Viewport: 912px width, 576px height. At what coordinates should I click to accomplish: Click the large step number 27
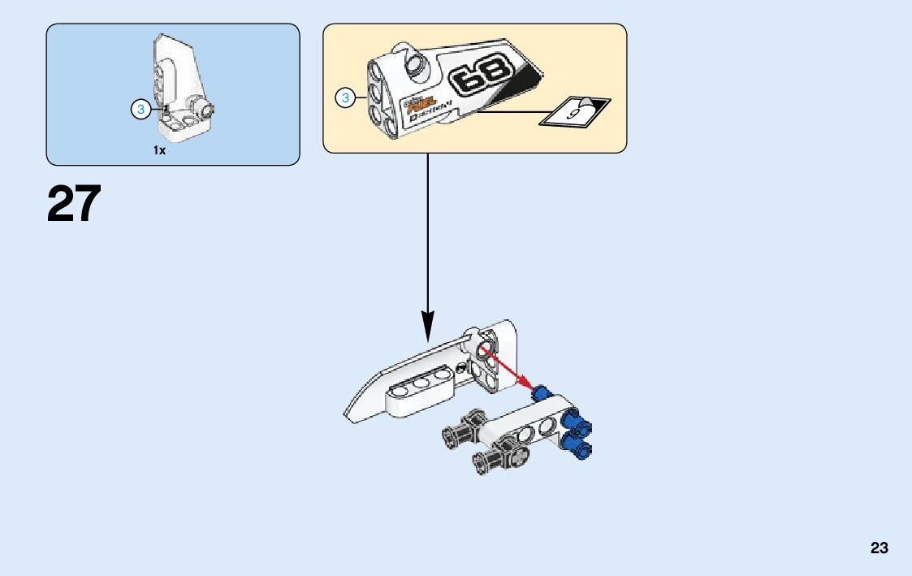tap(74, 204)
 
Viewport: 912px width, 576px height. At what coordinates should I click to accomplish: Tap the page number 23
tap(879, 548)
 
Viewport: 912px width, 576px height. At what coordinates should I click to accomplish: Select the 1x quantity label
tap(159, 150)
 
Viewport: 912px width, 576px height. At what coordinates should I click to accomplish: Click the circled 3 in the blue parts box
tap(140, 110)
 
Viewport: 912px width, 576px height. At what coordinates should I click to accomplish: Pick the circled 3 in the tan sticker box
tap(345, 98)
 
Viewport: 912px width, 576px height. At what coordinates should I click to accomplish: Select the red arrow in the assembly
tap(504, 367)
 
